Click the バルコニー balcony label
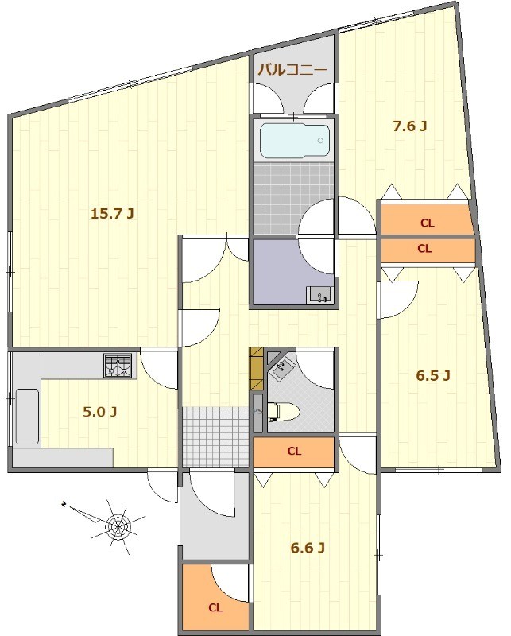[292, 70]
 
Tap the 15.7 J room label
[112, 213]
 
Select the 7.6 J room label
[409, 126]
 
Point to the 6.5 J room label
[433, 376]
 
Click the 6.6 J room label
[308, 549]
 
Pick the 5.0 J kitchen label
[100, 412]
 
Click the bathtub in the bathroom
[295, 141]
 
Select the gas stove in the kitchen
[118, 366]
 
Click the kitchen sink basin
[27, 417]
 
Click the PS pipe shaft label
[257, 411]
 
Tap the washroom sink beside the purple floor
[320, 294]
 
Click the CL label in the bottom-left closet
[215, 607]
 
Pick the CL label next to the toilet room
[294, 451]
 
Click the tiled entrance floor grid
[215, 436]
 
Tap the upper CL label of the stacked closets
[427, 223]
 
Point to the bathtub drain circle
[320, 141]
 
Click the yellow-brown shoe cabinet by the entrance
[257, 369]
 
